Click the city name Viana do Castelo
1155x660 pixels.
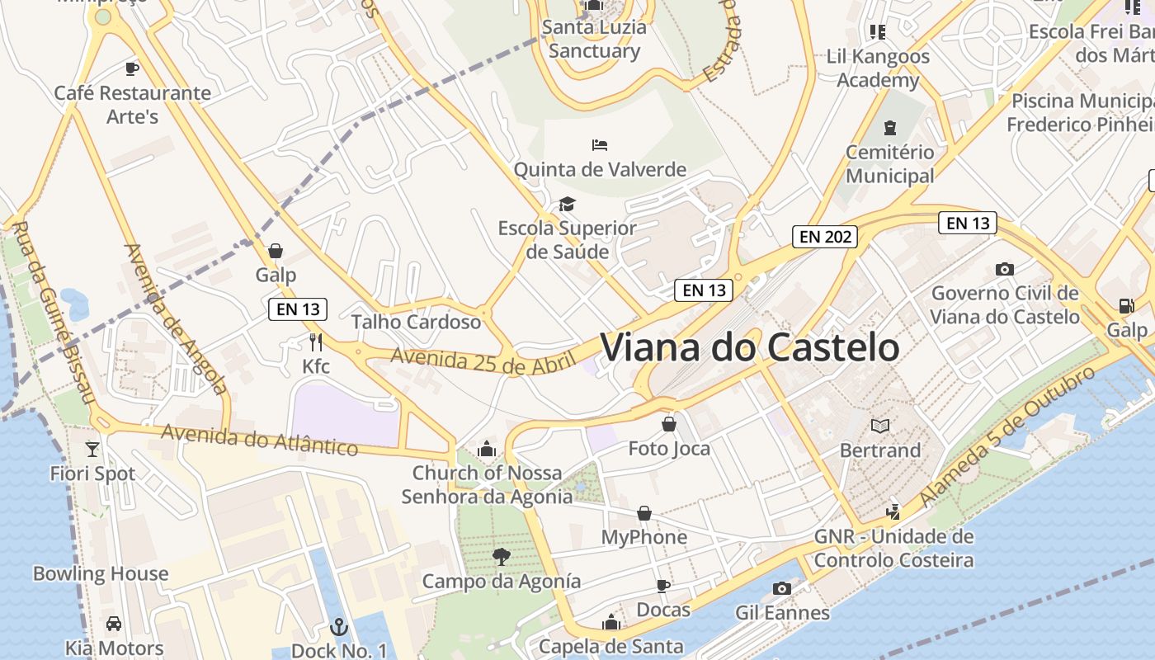[749, 347]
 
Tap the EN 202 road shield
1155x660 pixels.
[825, 237]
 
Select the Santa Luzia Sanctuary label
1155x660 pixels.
[594, 39]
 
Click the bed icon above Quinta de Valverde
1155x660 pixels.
[600, 145]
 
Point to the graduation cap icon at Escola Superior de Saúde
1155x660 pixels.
[567, 204]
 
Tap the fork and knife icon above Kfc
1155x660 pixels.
[315, 342]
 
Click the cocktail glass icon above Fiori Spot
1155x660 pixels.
[92, 449]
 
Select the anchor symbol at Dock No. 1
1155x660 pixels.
[338, 627]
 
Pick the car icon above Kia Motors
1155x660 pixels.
[114, 623]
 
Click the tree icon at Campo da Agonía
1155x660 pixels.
[501, 557]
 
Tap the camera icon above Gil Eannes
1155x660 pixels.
[782, 588]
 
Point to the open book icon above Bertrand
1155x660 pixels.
[880, 426]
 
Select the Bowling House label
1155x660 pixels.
[101, 573]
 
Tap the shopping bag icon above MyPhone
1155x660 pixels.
[644, 513]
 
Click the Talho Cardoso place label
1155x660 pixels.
[416, 322]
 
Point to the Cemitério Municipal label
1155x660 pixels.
[890, 163]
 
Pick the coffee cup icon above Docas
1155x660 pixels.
[662, 586]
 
